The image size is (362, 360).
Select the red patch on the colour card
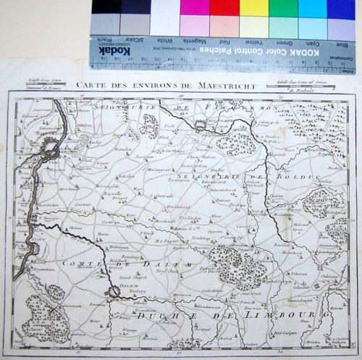[224, 7]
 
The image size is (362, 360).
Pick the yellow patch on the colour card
[253, 7]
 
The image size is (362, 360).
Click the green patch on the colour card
[283, 7]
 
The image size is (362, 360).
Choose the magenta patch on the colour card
[195, 7]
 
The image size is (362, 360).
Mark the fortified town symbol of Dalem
[112, 292]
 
